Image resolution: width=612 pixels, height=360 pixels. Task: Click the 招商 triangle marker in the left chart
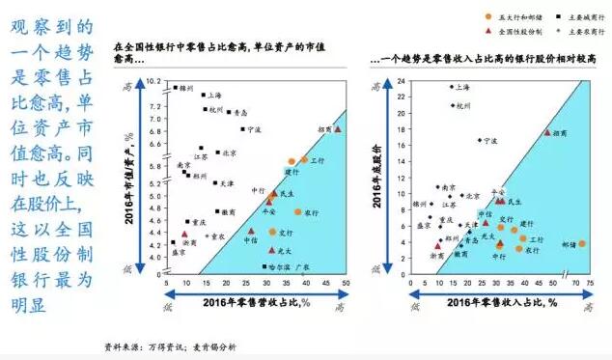tap(338, 128)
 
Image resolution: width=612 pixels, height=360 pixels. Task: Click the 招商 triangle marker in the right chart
tap(547, 132)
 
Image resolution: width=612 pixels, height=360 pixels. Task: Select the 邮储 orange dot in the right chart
tap(582, 243)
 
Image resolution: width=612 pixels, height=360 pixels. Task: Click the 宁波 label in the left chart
tap(254, 128)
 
